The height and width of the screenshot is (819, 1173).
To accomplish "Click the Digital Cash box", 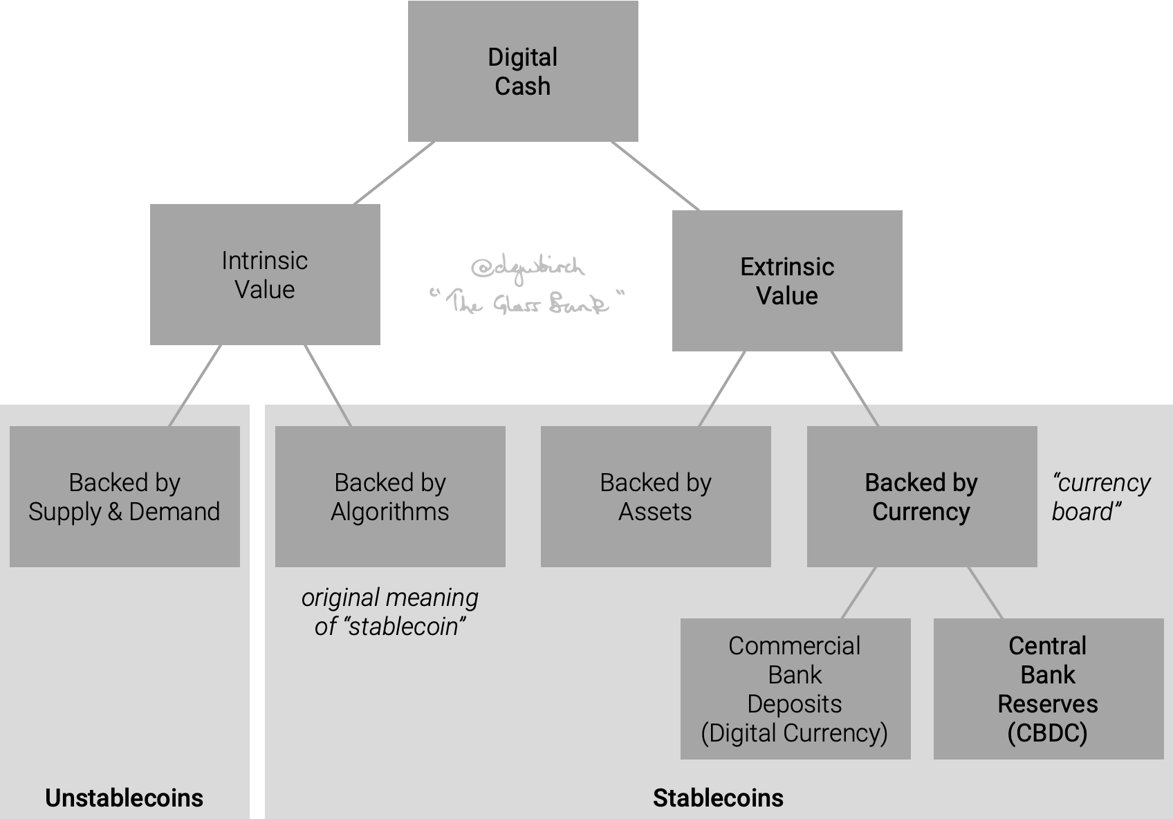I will coord(523,71).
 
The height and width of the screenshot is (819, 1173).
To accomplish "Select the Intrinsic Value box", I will coord(265,275).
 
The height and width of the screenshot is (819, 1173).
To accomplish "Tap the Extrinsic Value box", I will coord(787,281).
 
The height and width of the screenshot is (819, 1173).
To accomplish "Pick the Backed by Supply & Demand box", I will coord(124,497).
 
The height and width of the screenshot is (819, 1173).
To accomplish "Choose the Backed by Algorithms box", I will coord(390,497).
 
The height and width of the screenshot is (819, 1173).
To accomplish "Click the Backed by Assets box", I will coord(656,497).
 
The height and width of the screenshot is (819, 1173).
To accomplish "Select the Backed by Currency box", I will coord(921,497).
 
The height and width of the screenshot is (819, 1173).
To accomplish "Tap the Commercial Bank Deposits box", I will coord(795,689).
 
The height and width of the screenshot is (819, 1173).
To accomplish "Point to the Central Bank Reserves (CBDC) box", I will coord(1048,689).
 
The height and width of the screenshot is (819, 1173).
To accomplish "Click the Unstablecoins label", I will coord(124,798).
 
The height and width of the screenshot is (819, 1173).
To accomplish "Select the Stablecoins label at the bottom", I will coord(718,798).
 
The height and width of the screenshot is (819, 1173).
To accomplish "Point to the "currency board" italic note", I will coord(1100,497).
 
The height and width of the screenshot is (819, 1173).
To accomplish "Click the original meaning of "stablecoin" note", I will coord(390,611).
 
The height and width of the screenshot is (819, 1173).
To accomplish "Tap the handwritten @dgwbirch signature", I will coord(527,267).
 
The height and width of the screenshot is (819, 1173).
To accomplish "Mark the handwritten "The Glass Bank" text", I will coord(527,302).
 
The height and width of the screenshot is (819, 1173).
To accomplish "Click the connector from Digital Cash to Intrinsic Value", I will coord(394,173).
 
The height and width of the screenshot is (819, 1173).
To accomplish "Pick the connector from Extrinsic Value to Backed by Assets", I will coord(722,389).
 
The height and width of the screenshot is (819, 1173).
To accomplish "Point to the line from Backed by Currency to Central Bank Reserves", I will coord(985,593).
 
